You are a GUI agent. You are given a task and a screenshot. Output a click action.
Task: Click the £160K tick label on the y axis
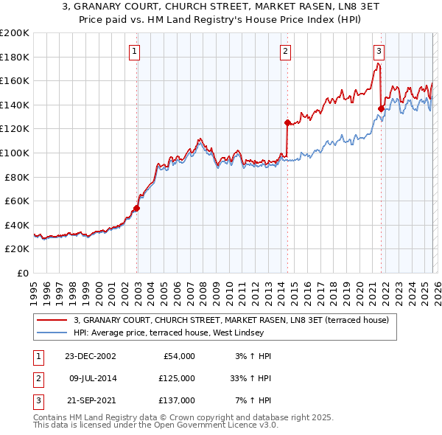coord(15,81)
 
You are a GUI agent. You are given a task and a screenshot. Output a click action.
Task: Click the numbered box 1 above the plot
coord(136,52)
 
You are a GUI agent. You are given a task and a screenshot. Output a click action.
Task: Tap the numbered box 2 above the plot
coord(285,52)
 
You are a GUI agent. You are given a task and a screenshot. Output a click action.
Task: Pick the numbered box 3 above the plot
coord(379,52)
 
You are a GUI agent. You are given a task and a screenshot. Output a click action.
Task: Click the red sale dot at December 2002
coord(137,208)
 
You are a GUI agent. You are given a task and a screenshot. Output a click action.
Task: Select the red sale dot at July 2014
coord(287,122)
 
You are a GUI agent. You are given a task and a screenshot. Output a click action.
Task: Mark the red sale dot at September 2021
coord(381,108)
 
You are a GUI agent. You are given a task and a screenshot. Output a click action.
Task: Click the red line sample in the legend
coord(52,320)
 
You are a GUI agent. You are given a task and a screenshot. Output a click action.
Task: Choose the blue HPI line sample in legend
coord(52,333)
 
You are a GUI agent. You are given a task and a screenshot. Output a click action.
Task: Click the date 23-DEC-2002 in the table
coord(91,356)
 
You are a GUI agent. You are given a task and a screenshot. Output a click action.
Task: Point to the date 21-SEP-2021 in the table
coord(91,400)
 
